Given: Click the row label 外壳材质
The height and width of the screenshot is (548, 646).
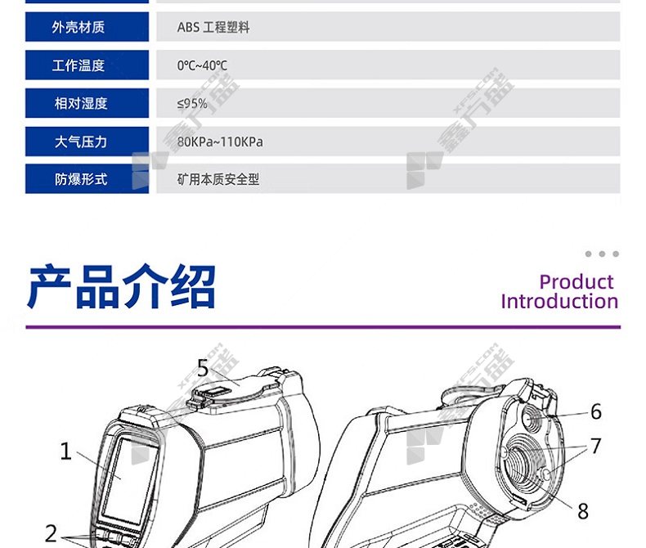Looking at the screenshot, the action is click(x=79, y=27).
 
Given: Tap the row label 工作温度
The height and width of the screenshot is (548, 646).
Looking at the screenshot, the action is click(x=79, y=65).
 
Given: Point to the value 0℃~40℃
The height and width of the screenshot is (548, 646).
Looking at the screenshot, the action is click(x=202, y=65).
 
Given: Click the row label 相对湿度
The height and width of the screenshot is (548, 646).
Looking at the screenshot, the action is click(x=81, y=103).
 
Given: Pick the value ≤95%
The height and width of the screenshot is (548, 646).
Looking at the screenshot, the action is click(x=192, y=103).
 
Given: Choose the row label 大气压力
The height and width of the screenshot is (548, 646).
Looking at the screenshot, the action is click(x=81, y=141).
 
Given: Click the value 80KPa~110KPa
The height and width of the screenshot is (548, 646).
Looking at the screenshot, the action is click(x=220, y=141).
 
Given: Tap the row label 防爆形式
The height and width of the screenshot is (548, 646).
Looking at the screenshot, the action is click(x=81, y=179).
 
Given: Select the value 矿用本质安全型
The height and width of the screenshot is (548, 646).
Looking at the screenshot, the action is click(x=218, y=179).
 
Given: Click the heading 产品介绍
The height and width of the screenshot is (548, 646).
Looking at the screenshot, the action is click(x=122, y=287).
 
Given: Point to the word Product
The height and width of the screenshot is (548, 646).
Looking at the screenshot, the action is click(x=576, y=282).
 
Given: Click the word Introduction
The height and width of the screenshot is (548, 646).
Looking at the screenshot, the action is click(x=559, y=301).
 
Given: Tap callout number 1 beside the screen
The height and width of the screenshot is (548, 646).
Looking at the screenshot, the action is click(x=65, y=451).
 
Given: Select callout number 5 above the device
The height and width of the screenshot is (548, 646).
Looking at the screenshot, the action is click(x=203, y=367).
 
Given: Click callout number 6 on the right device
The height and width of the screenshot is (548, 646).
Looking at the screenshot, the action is click(x=596, y=411).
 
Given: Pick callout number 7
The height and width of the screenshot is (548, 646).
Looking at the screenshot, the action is click(x=596, y=446).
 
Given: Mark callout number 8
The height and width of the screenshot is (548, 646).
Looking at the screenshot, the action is click(x=582, y=511).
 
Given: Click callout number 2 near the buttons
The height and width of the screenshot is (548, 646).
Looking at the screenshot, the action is click(x=51, y=533).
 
